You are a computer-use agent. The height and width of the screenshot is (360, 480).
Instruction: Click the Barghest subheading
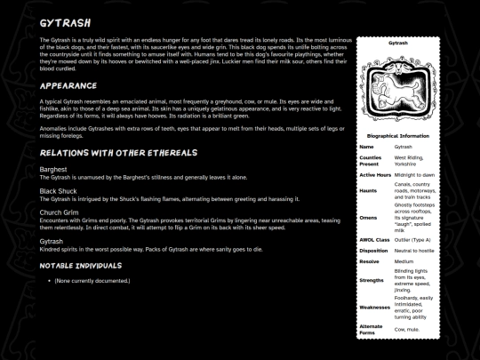coord(53,169)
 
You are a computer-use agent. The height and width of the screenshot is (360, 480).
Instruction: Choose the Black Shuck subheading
coord(60,191)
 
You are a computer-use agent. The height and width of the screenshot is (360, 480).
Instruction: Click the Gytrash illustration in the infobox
coord(397,89)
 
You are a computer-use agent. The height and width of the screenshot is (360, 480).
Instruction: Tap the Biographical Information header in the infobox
coord(397,136)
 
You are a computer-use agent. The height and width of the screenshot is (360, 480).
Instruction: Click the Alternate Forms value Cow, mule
coord(407,328)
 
